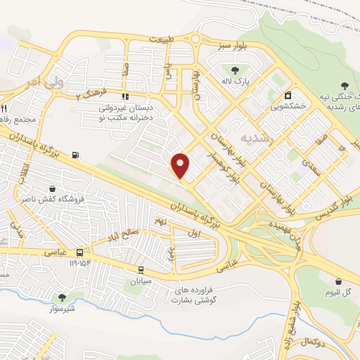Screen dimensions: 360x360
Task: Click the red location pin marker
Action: [181, 165]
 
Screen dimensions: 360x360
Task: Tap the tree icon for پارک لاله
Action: [236, 70]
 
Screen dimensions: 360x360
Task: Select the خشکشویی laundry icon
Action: [288, 95]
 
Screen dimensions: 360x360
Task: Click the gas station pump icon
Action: [75, 155]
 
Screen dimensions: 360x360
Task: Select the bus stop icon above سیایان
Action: [141, 269]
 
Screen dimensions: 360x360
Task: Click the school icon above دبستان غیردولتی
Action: [125, 97]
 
